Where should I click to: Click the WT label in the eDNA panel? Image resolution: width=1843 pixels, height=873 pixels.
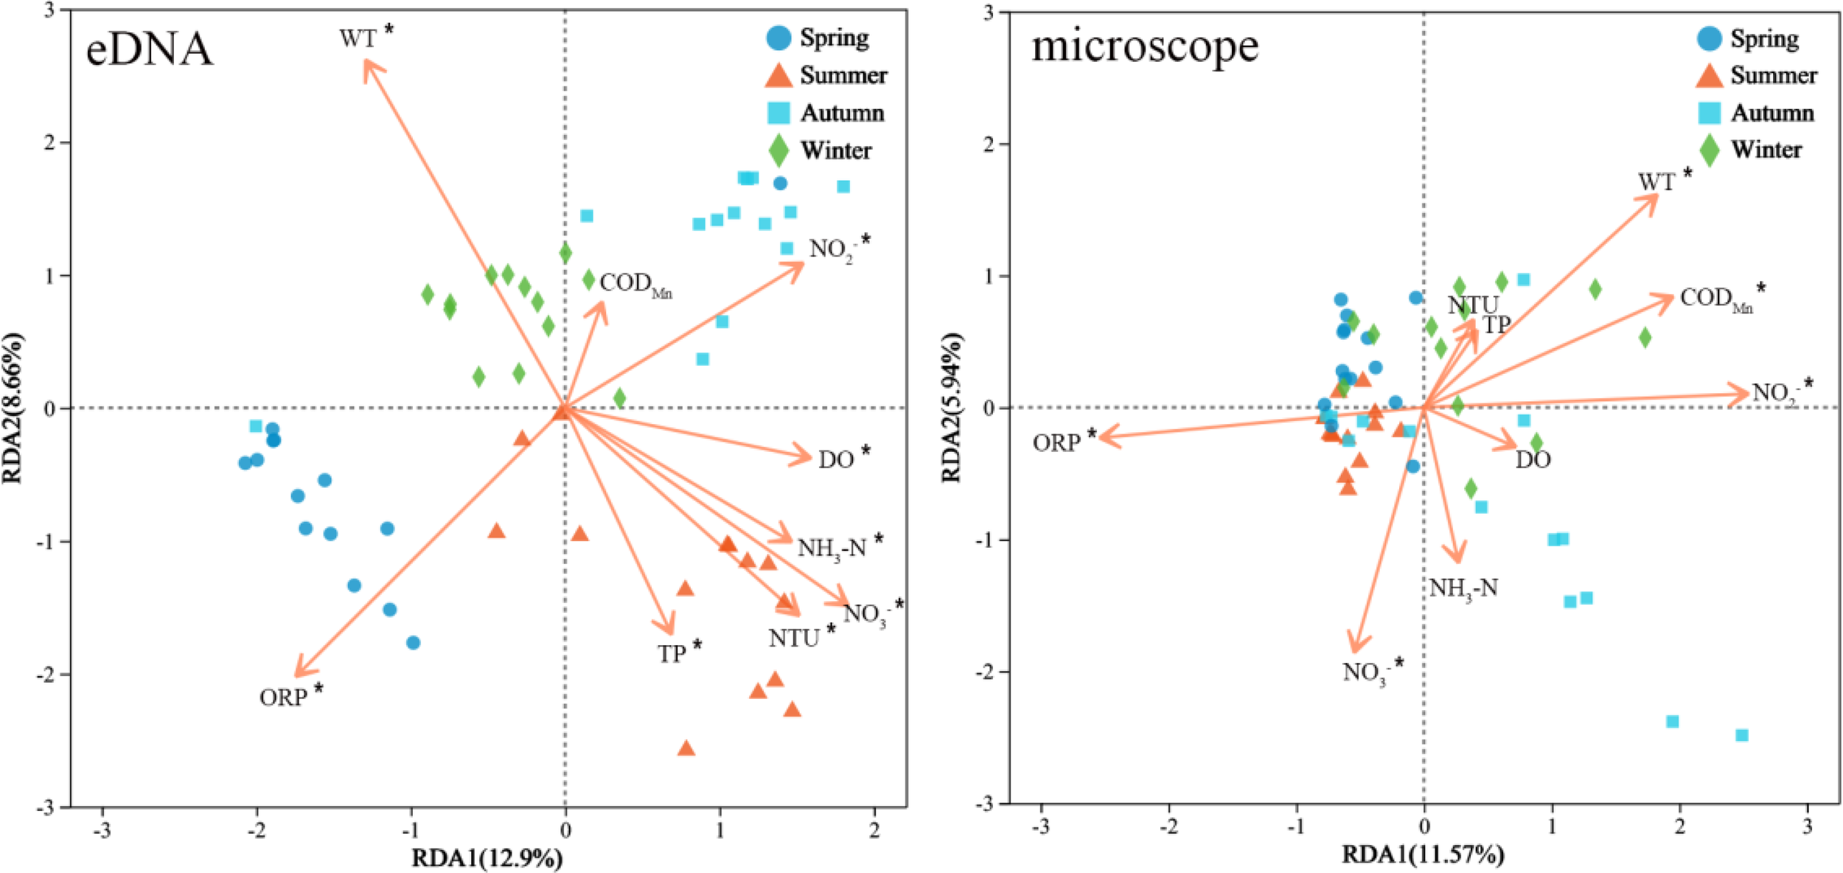pos(358,38)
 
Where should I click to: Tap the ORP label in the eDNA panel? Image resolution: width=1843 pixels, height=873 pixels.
pos(283,697)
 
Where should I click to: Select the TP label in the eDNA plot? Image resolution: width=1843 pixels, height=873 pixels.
pos(672,653)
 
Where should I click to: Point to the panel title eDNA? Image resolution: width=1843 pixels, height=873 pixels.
pos(149,50)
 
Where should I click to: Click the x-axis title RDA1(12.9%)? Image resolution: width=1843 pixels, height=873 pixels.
pos(487,858)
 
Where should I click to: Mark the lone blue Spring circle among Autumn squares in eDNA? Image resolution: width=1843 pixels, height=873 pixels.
pos(780,184)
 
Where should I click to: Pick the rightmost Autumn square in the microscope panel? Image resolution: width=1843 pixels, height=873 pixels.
pos(1742,735)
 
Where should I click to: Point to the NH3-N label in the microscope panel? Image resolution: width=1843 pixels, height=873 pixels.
pos(1463,588)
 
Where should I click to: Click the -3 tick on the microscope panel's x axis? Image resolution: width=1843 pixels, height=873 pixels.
pos(1040,827)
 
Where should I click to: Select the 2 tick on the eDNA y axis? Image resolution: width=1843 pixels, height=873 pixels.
pos(50,142)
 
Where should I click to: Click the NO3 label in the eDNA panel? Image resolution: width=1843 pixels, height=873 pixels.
pos(865,613)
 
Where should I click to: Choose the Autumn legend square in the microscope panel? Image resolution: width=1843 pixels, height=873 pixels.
pos(1709,113)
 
